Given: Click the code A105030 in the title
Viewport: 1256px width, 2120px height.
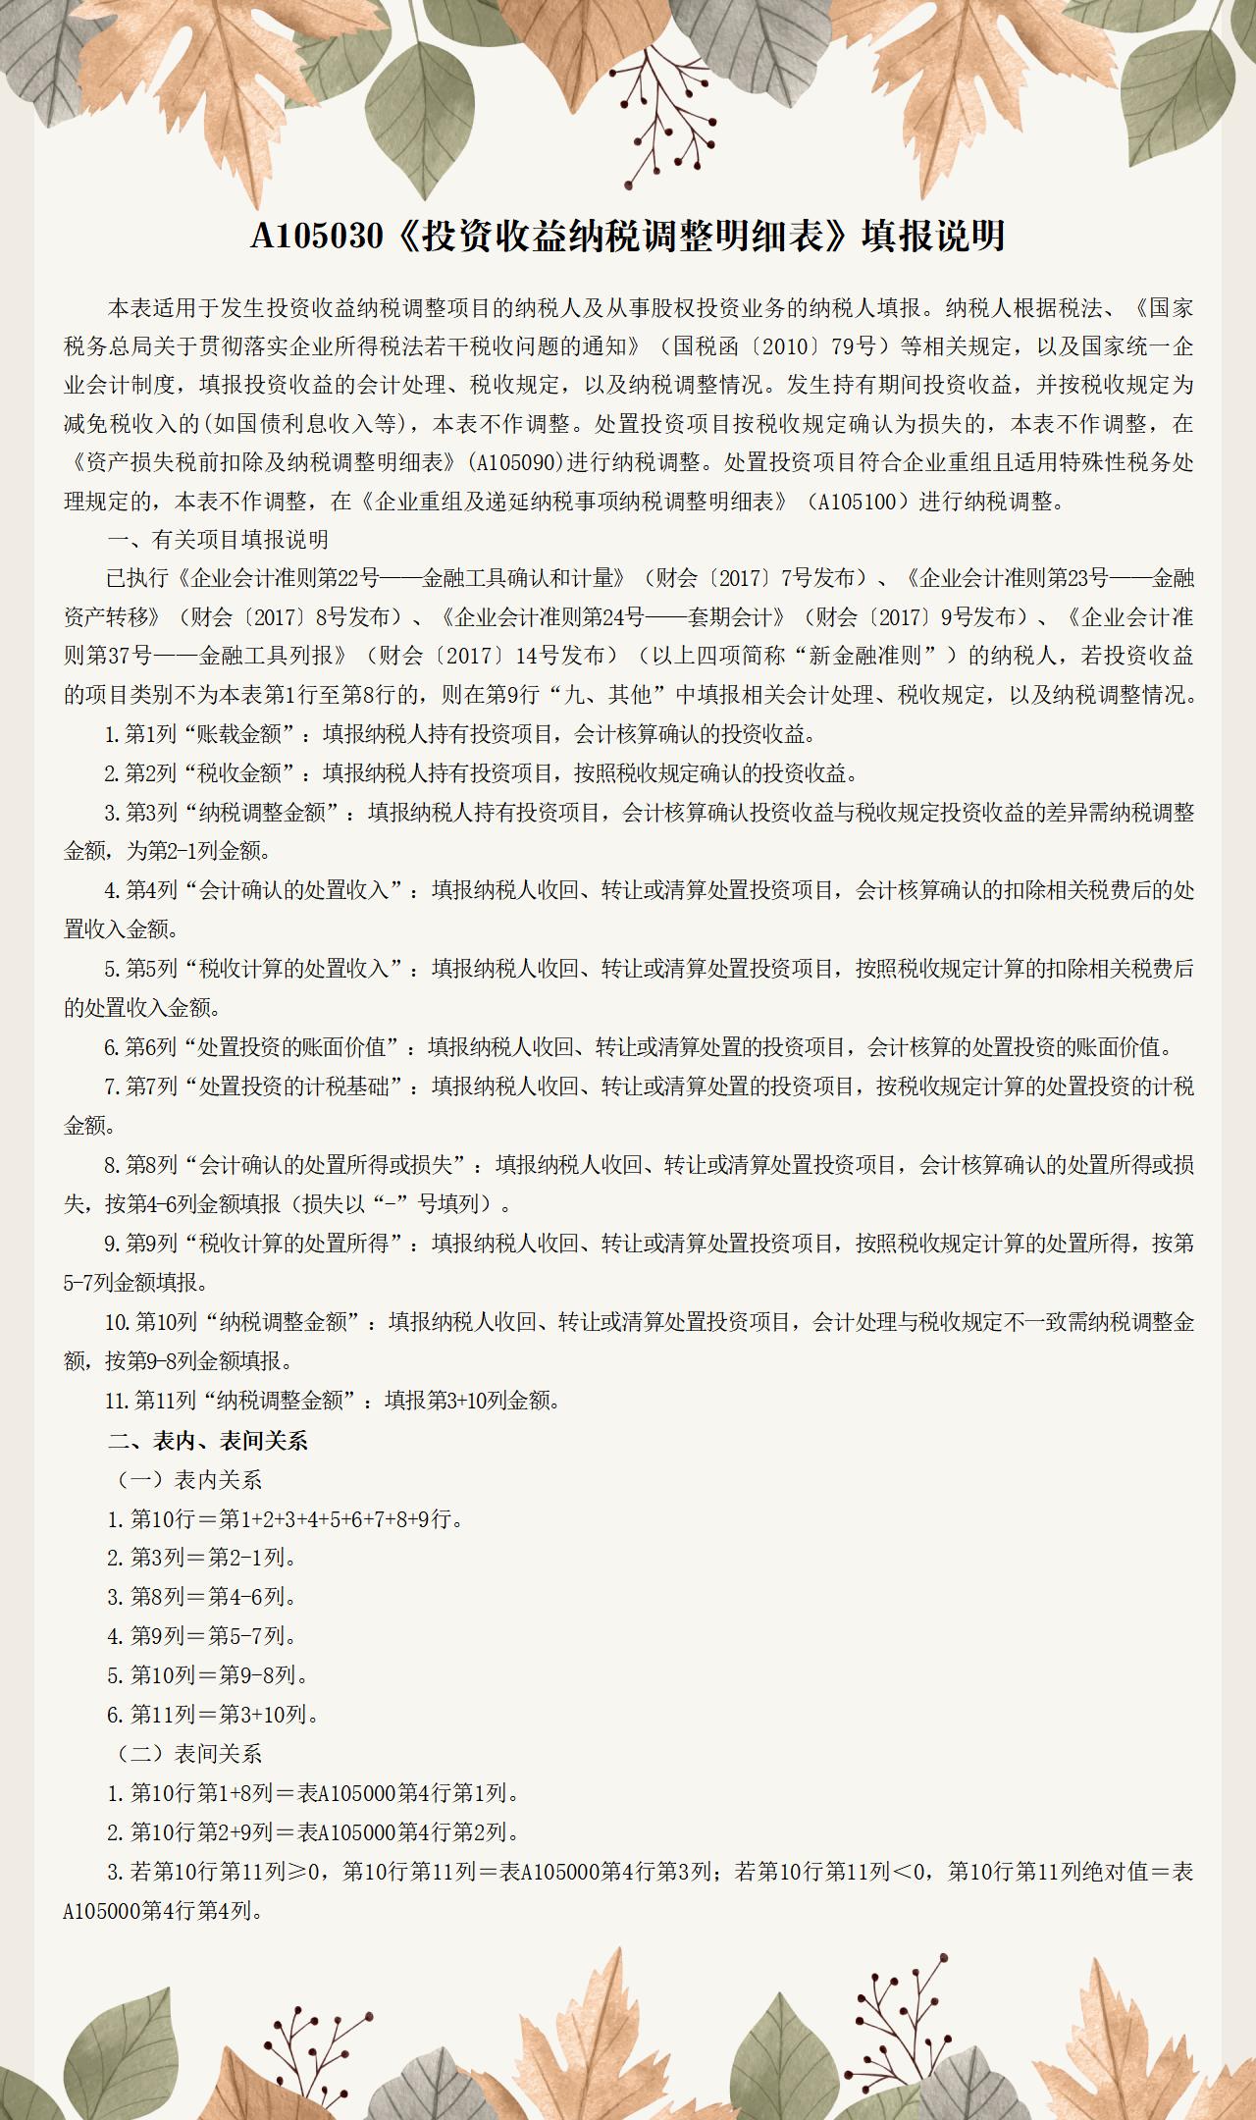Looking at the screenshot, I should [315, 237].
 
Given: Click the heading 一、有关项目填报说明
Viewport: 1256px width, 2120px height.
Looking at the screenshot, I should [218, 540].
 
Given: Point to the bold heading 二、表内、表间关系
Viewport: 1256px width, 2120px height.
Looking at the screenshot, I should [208, 1440].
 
